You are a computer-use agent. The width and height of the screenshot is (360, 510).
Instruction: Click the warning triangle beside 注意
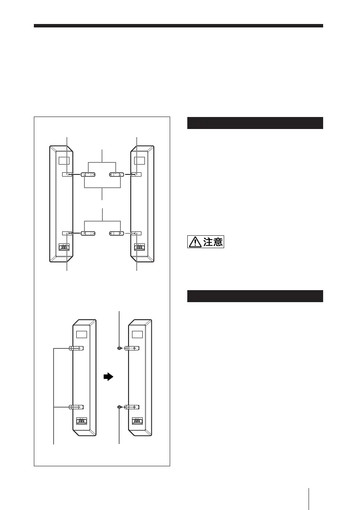point(194,242)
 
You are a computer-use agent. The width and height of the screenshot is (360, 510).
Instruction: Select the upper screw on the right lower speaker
point(120,348)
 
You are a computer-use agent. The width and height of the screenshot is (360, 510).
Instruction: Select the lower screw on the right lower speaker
point(120,407)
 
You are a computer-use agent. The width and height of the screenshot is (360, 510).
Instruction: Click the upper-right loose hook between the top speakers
point(116,175)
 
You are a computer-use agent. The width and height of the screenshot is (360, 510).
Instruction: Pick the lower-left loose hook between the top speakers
point(89,234)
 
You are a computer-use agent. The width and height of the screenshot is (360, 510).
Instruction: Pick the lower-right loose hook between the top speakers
point(117,234)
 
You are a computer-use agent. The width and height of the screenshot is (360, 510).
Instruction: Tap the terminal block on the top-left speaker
point(63,248)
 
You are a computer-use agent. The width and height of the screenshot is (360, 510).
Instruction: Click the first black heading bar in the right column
point(255,123)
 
